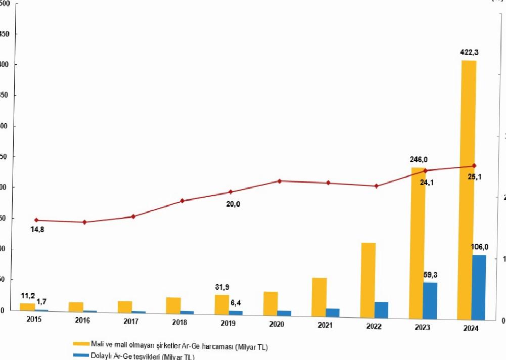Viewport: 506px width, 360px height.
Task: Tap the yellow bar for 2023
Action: point(418,243)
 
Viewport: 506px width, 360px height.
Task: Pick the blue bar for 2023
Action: point(430,300)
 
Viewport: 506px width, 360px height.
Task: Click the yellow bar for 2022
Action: point(369,280)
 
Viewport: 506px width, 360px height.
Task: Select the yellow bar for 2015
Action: point(27,306)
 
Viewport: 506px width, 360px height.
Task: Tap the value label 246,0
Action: point(419,160)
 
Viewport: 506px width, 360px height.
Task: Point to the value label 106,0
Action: point(479,247)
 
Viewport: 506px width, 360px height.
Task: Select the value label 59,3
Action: point(430,275)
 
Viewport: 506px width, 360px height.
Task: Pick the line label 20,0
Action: point(234,204)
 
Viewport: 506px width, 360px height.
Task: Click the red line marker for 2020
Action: point(280,181)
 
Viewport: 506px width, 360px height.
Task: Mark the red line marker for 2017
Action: point(133,216)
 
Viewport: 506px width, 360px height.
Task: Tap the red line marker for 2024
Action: point(474,166)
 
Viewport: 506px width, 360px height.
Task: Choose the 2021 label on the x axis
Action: point(325,325)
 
